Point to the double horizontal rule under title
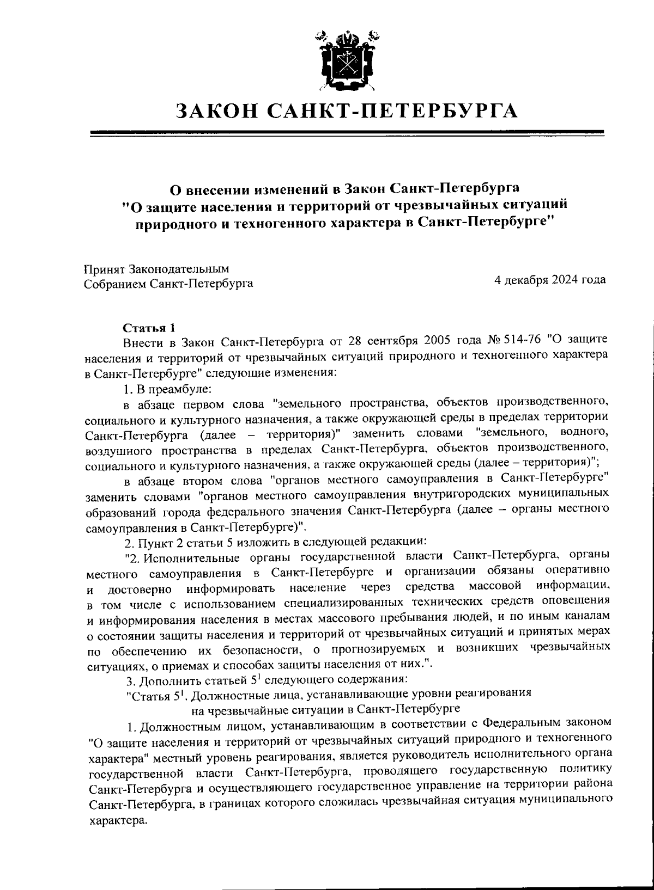point(347,132)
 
